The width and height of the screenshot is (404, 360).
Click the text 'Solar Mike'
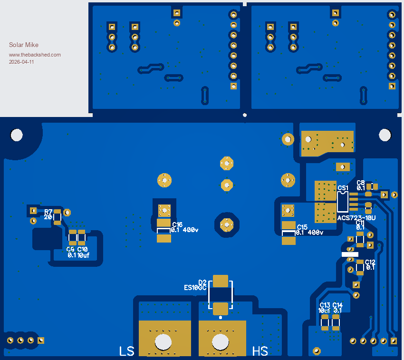click(x=24, y=45)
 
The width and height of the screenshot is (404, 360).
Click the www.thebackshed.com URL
click(x=35, y=55)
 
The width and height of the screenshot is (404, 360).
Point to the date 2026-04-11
click(x=21, y=62)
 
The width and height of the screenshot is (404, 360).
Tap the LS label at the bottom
click(x=126, y=351)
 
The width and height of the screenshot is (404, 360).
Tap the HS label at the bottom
click(x=260, y=351)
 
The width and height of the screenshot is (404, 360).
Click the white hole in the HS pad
click(x=221, y=341)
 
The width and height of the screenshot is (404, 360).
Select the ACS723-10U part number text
click(x=356, y=218)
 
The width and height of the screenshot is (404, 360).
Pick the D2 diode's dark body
click(x=220, y=295)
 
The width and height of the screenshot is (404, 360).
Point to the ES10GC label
click(x=195, y=288)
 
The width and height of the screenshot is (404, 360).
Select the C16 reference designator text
click(x=177, y=224)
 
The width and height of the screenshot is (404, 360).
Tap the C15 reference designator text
click(x=302, y=227)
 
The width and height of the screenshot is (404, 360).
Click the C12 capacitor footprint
click(x=360, y=268)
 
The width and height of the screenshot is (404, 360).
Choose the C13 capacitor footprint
click(x=325, y=322)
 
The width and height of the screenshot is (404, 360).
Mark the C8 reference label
click(x=361, y=183)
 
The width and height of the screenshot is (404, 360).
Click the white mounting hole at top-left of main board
click(x=17, y=135)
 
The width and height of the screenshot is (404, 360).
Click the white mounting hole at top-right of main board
click(x=385, y=135)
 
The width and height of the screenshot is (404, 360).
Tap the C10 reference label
click(x=83, y=249)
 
